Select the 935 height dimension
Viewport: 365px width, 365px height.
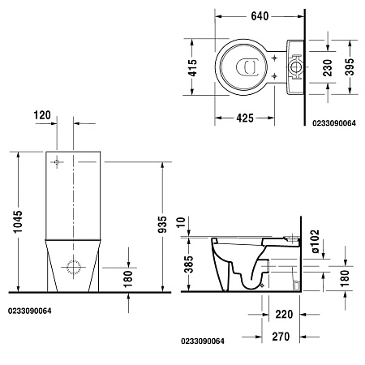(163, 220)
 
